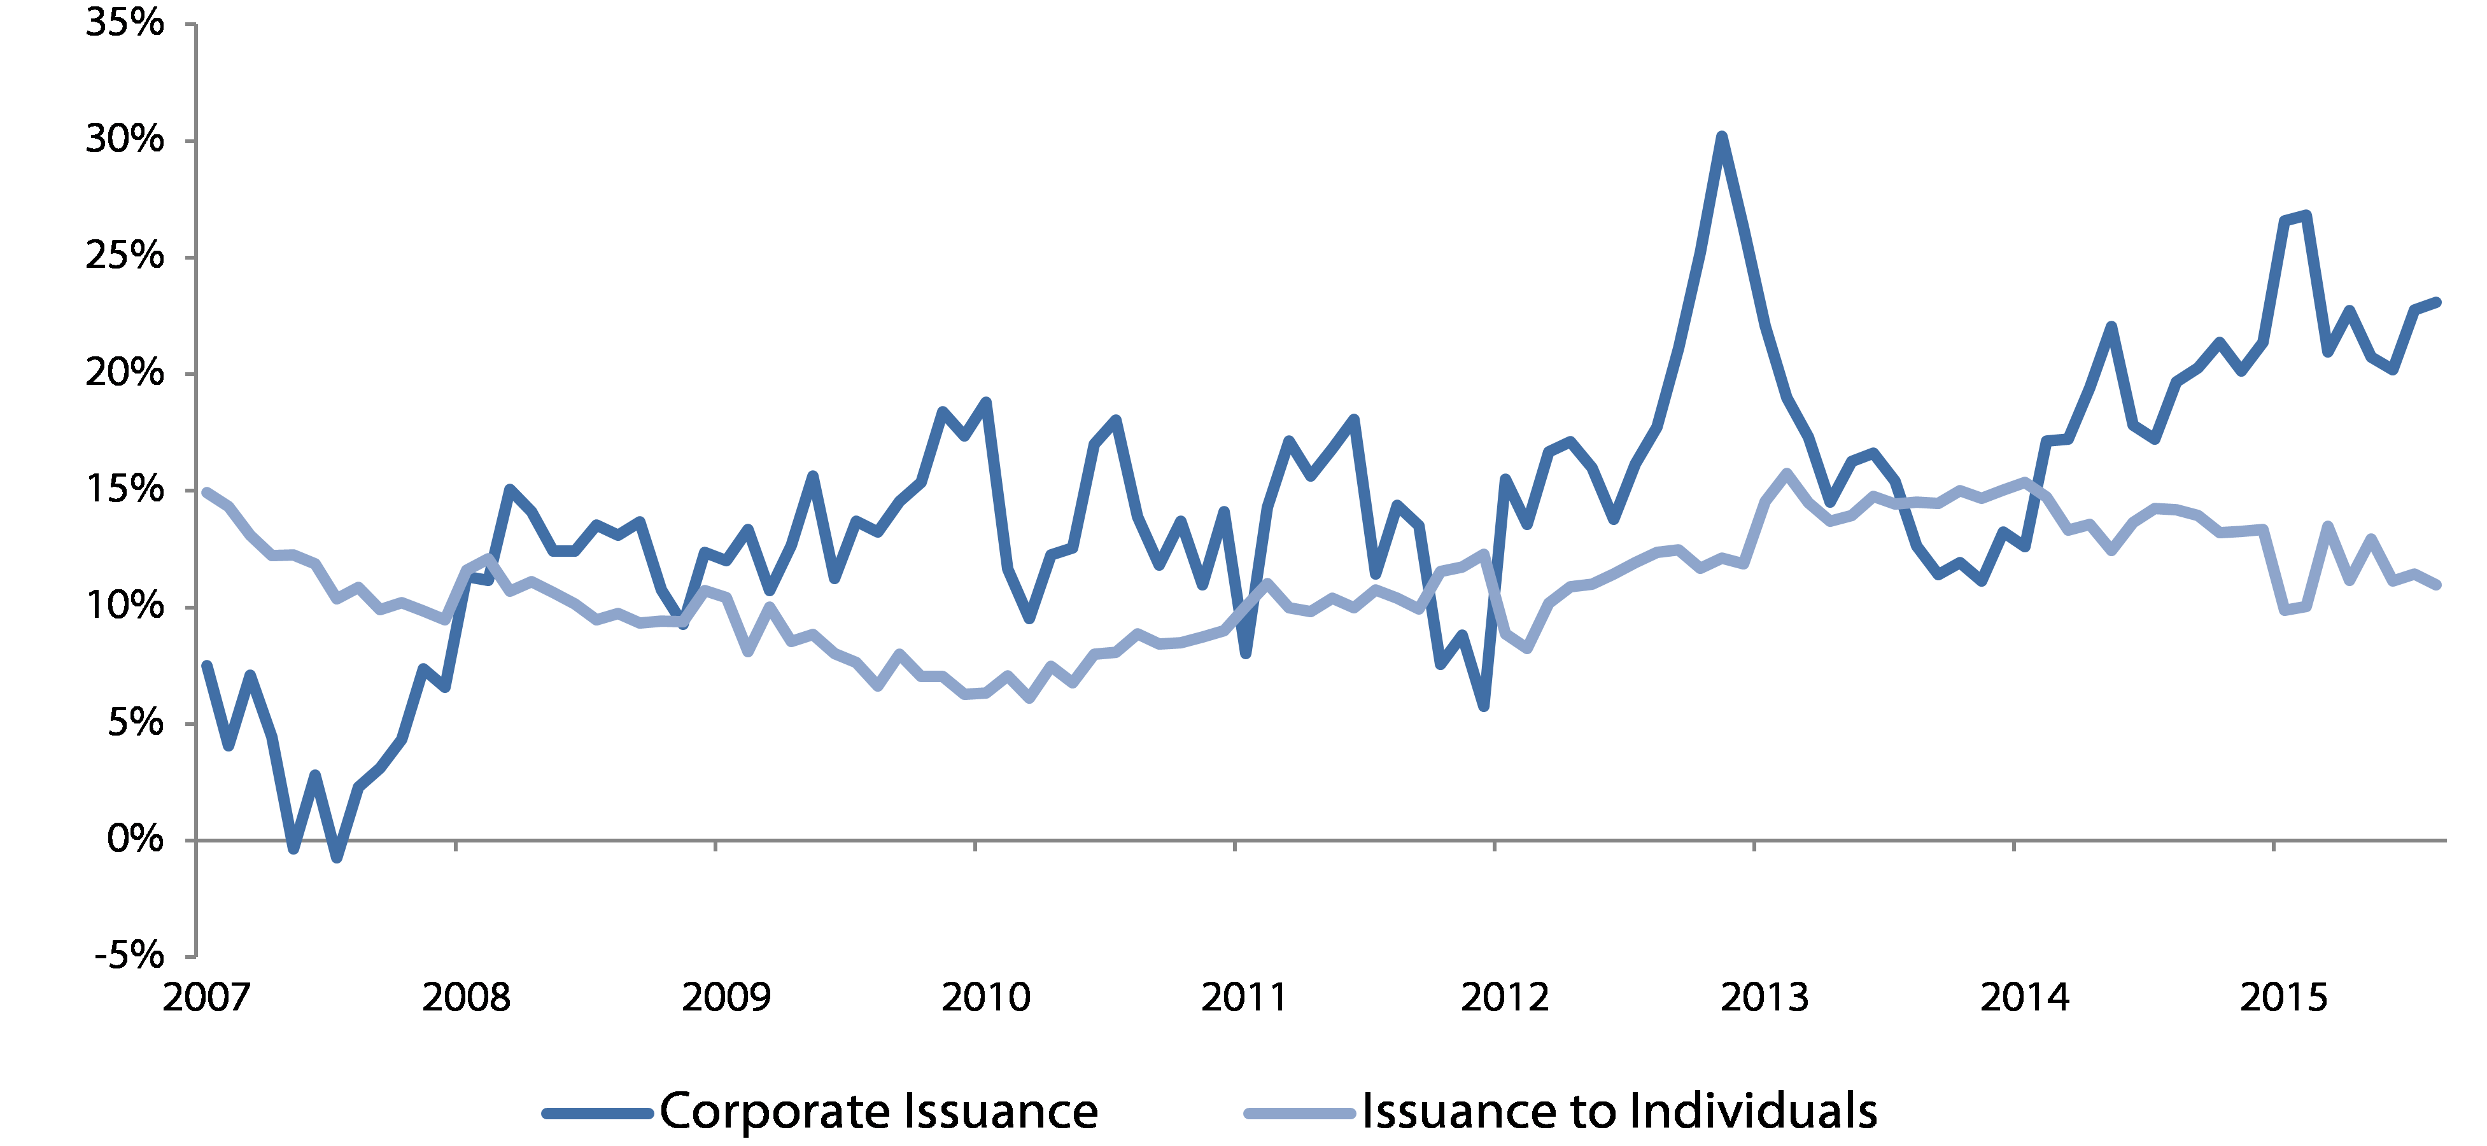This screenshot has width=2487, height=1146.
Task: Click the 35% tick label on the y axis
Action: (x=125, y=23)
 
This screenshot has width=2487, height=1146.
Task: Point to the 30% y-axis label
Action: (x=125, y=140)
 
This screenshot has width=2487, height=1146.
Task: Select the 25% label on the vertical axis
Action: (x=125, y=257)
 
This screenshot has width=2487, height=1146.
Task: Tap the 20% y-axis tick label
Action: (x=125, y=373)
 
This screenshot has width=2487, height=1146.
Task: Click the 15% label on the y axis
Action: (x=125, y=489)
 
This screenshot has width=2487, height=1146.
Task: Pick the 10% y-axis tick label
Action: (x=125, y=606)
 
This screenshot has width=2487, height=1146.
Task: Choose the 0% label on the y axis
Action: (x=135, y=839)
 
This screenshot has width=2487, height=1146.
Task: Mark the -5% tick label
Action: (x=129, y=956)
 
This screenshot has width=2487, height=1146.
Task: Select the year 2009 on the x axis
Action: (x=726, y=997)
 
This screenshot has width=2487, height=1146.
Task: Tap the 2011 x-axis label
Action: (x=1244, y=997)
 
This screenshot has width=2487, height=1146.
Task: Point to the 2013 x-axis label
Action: (x=1764, y=997)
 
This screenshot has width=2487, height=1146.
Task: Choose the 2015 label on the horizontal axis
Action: (x=2283, y=997)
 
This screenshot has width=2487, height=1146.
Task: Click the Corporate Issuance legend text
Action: (x=878, y=1111)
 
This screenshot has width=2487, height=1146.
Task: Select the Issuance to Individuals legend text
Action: (x=1619, y=1111)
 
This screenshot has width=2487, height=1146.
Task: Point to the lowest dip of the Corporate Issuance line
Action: (x=336, y=857)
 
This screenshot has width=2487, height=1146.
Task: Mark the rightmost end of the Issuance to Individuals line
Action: (x=2438, y=584)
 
